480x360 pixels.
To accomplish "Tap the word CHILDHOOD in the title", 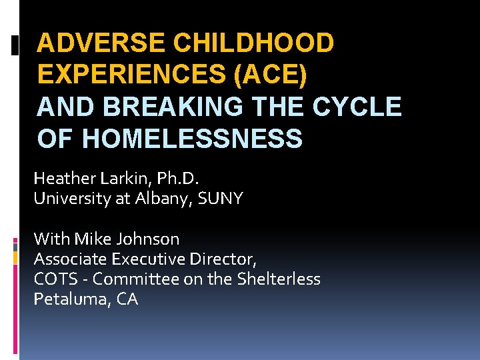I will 253,43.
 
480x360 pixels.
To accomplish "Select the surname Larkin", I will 121,179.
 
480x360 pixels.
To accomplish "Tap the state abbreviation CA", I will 127,299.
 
